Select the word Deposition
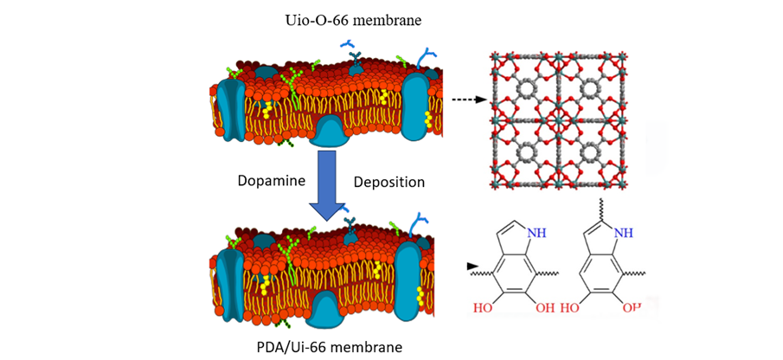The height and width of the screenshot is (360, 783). pos(389,183)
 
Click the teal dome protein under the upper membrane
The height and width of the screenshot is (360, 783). pos(332,132)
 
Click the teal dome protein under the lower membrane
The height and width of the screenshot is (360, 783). pos(332,306)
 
